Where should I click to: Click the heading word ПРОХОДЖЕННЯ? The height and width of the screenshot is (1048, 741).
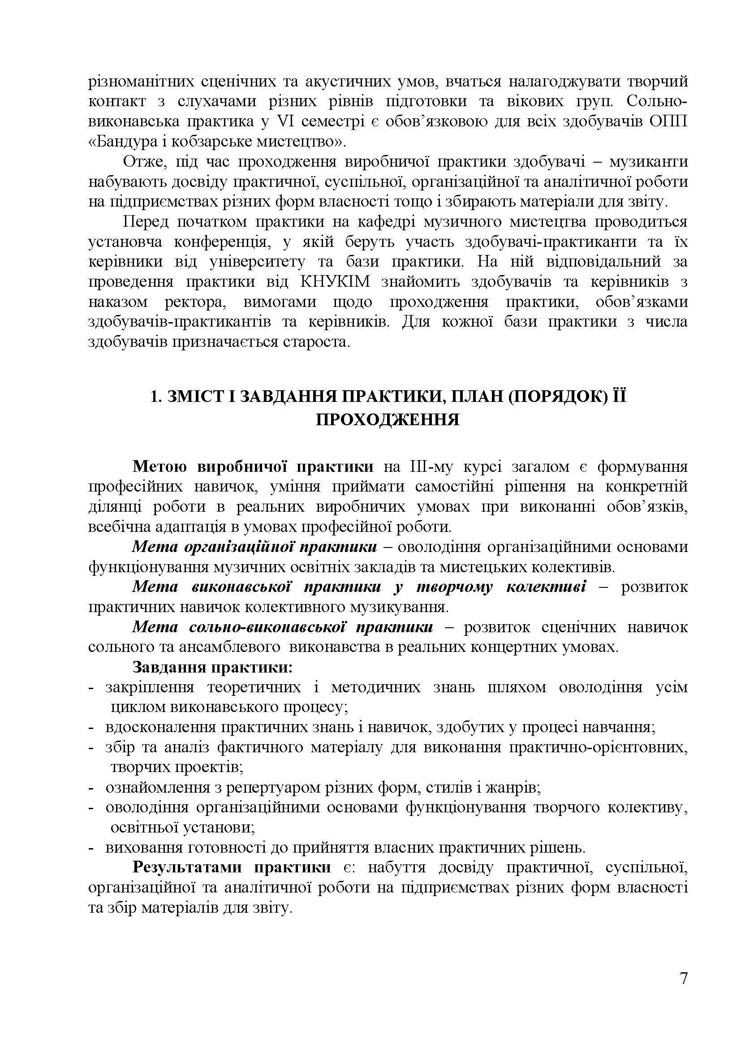tap(388, 419)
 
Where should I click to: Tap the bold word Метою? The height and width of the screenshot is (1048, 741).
tap(159, 466)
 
